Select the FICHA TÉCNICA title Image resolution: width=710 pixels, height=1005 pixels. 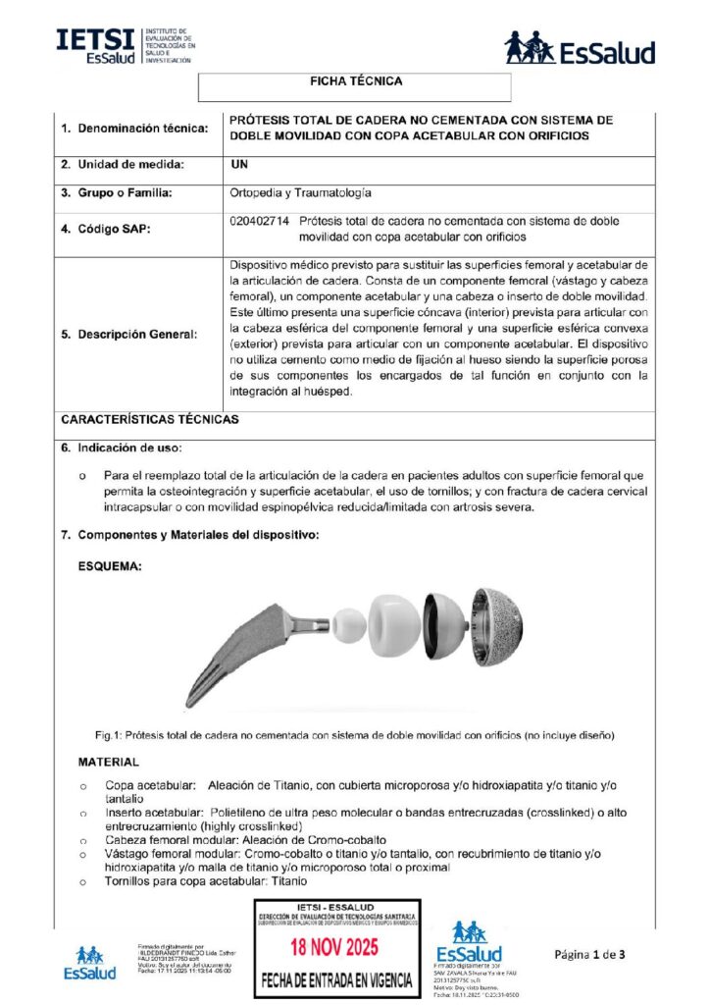[x=355, y=81]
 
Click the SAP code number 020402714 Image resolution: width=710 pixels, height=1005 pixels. [x=258, y=222]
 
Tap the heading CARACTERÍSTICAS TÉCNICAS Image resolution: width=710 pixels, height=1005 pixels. [x=149, y=419]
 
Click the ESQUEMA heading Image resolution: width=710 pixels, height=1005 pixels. [x=112, y=566]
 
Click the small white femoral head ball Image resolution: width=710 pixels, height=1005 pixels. [x=348, y=624]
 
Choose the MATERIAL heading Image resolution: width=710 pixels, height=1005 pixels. [x=108, y=762]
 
